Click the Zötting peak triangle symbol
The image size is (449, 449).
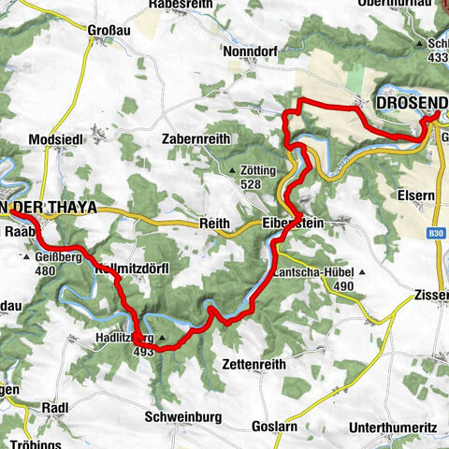coord(233,170)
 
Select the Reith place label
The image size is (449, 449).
coord(215,224)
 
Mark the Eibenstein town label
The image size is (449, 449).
coord(292,224)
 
